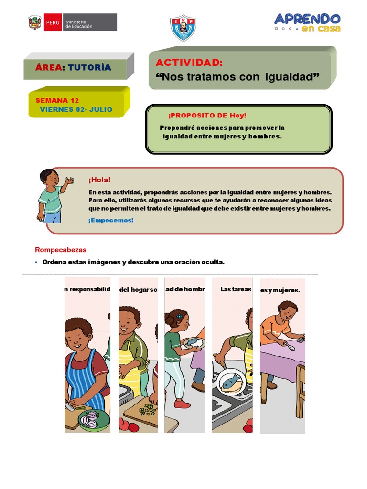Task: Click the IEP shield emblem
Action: point(183,28)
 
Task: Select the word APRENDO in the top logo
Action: point(307,19)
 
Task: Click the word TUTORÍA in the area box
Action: point(89,67)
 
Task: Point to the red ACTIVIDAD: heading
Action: point(189,63)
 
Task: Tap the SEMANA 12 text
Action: point(57,100)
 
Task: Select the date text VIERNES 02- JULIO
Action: point(76,109)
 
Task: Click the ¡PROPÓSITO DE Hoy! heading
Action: point(207,116)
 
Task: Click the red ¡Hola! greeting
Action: point(99,180)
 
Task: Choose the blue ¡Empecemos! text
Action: point(111,220)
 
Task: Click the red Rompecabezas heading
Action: point(61,249)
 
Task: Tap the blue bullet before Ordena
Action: point(37,262)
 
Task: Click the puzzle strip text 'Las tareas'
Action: point(236,289)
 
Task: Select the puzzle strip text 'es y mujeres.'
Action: point(280,290)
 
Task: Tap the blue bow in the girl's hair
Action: point(179,316)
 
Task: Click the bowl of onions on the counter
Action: point(94,420)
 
